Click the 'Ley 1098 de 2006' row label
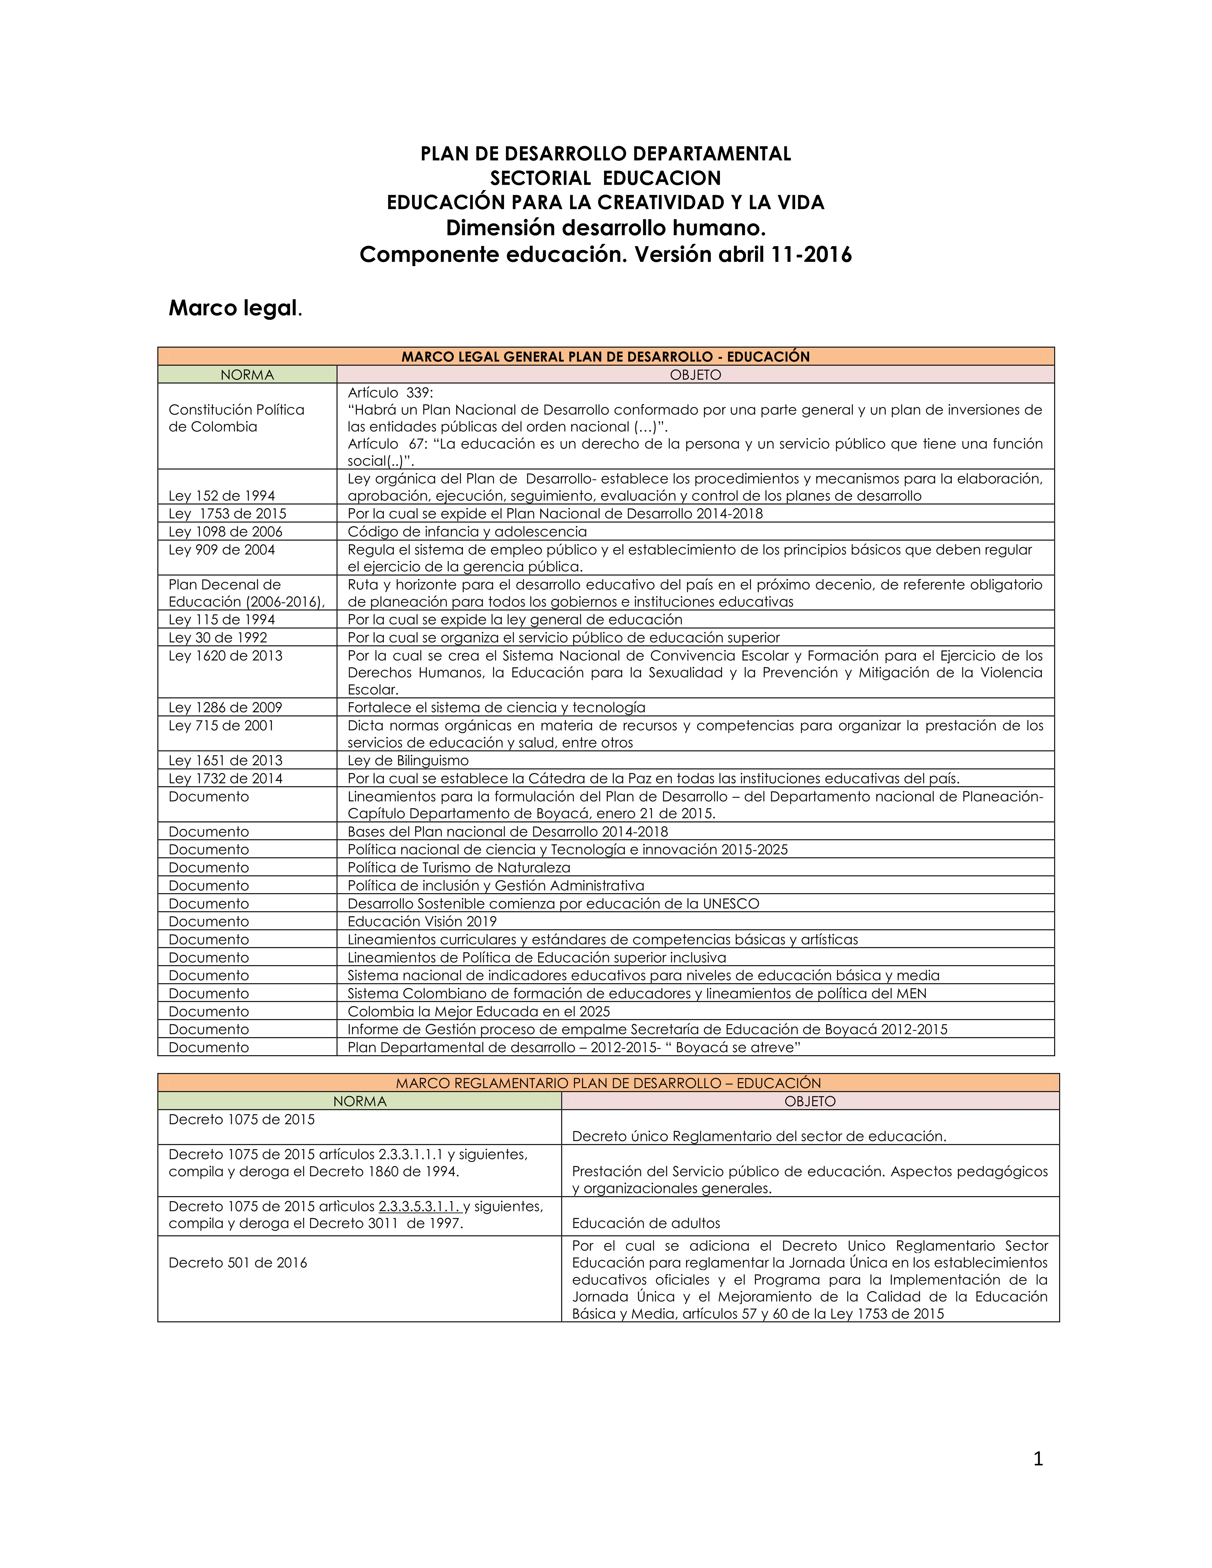(x=226, y=531)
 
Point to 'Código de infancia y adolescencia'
(x=467, y=531)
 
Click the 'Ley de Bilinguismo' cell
(x=408, y=760)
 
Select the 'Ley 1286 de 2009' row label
(x=226, y=707)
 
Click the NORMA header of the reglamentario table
(x=360, y=1101)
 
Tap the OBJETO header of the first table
(x=695, y=375)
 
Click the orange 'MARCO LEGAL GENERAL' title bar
(x=605, y=357)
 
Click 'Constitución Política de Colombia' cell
(x=236, y=418)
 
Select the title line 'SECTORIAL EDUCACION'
(x=605, y=178)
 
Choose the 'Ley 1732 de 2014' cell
(x=226, y=778)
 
